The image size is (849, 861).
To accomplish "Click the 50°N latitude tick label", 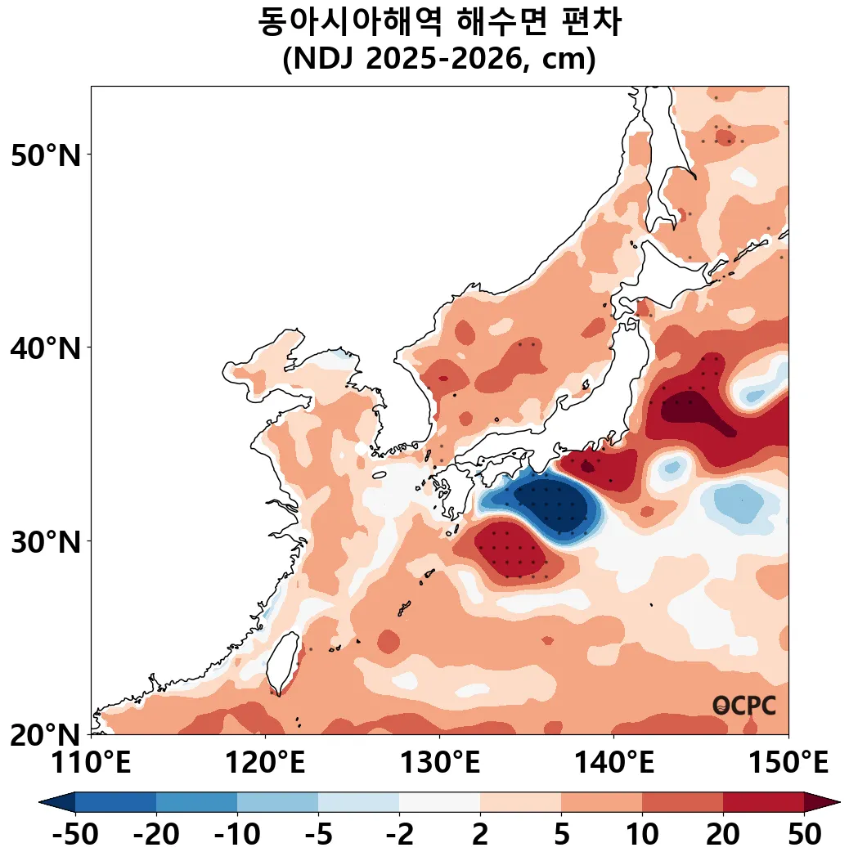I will (x=47, y=155).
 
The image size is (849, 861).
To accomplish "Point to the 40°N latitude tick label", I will (x=47, y=348).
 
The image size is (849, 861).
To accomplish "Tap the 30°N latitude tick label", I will (x=47, y=541).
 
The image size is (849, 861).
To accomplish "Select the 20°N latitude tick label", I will (x=47, y=734).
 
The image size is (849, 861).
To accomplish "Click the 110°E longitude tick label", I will (x=91, y=764).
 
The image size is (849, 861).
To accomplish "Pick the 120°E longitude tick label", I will (x=265, y=764).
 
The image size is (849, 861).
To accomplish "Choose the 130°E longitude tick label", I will (x=439, y=764).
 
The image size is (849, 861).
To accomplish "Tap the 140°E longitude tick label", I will (x=613, y=764).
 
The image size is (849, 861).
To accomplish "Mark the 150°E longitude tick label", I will (x=788, y=764).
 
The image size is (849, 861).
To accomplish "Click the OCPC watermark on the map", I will (x=744, y=706).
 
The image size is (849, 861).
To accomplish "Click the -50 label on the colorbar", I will (x=75, y=836).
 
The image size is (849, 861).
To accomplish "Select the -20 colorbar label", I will (x=156, y=836).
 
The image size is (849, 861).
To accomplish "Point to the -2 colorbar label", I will (x=399, y=836).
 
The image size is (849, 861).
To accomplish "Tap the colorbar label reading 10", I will (x=642, y=836).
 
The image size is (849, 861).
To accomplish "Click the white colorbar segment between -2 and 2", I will (x=439, y=802).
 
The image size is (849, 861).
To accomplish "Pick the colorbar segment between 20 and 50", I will (x=763, y=802).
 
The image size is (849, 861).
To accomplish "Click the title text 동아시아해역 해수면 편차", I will (x=439, y=22).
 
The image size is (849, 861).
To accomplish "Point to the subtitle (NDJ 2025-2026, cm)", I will (x=439, y=61).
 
